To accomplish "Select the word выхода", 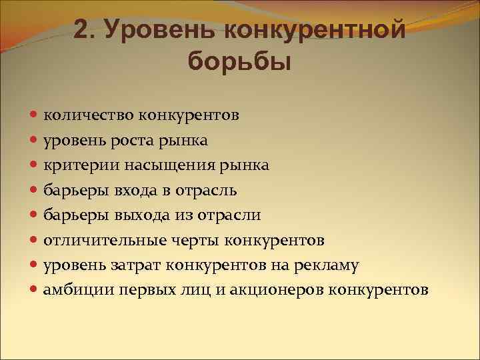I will coord(143,215).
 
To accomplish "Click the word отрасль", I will coord(207,190).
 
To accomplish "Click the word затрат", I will coord(130,265).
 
